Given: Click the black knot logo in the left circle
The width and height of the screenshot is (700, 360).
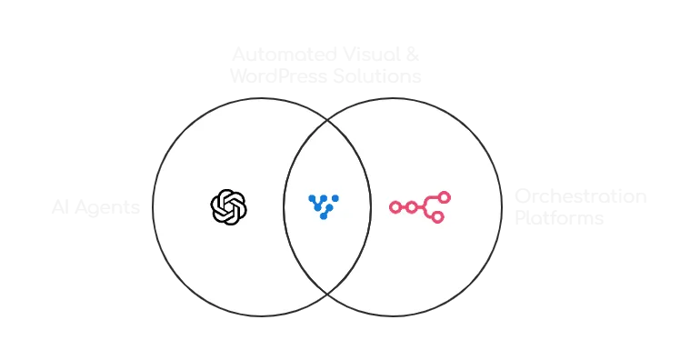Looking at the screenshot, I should tap(228, 206).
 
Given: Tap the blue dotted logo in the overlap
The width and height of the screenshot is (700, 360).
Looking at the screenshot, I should tap(323, 206).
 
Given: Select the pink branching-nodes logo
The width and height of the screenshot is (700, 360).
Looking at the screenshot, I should tap(419, 206).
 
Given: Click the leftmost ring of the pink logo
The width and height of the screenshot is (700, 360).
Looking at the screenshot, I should tap(395, 207).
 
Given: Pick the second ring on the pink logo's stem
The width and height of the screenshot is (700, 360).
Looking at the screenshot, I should tap(412, 207).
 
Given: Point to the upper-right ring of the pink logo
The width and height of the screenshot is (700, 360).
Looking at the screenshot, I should tap(444, 197).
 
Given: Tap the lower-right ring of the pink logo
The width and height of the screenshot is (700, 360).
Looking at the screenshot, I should tap(437, 216).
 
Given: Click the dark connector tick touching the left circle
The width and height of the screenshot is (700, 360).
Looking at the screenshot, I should tap(148, 207).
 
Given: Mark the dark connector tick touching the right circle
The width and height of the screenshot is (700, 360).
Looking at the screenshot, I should tap(505, 207).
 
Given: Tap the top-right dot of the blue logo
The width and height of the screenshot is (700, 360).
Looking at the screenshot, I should tap(335, 197).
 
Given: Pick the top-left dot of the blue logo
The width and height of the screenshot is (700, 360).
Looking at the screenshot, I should tap(311, 197).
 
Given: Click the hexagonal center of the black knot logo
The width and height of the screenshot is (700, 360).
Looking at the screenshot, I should tap(228, 206).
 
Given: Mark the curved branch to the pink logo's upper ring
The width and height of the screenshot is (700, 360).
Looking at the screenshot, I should tap(432, 200).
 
